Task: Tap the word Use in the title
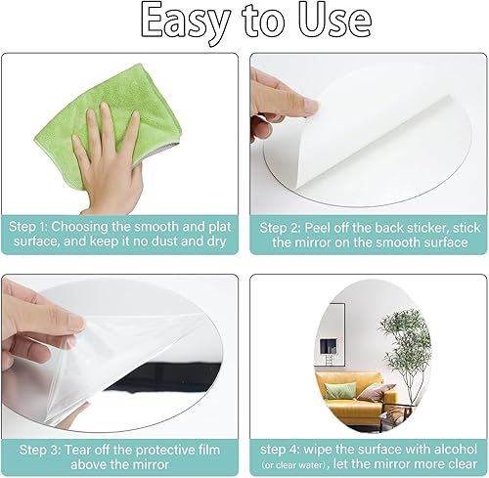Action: tap(334, 21)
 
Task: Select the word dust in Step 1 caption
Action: tap(164, 241)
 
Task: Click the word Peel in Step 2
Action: tap(317, 228)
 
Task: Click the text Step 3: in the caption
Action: tap(40, 451)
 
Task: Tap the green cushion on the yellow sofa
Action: tap(340, 390)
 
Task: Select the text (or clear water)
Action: tap(294, 465)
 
